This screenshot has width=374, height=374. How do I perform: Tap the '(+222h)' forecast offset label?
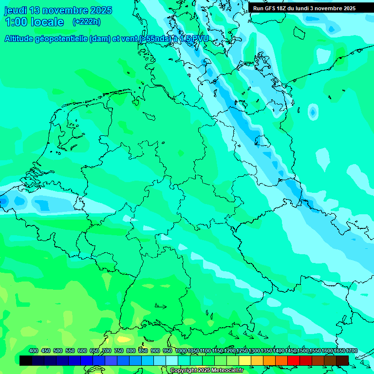point(87,22)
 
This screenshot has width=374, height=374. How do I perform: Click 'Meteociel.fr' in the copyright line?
point(225,371)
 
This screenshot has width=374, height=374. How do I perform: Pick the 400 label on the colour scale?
point(34,351)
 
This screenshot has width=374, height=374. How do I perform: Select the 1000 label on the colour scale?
point(181,351)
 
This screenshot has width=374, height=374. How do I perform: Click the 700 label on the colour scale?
point(107,351)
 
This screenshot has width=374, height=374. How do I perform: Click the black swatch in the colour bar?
point(26,360)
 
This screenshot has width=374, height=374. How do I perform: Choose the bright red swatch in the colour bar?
point(294,360)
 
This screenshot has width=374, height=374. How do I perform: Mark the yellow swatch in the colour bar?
point(245,360)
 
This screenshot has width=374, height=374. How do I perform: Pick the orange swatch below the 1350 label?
point(269,360)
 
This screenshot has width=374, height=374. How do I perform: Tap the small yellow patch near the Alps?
point(124,339)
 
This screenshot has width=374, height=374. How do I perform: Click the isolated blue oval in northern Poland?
point(312,112)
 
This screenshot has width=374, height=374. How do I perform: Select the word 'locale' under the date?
point(48,22)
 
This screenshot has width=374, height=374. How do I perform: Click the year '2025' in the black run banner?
point(349,8)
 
